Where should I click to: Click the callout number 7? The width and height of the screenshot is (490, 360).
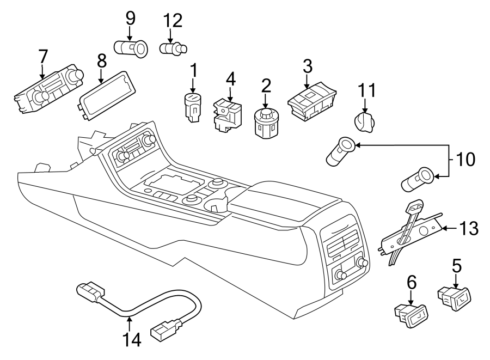click(x=42, y=57)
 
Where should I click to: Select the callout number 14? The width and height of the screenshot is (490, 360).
click(x=132, y=339)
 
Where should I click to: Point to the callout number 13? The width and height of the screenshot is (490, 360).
click(x=469, y=228)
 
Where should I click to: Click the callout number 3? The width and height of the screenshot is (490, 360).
click(x=307, y=67)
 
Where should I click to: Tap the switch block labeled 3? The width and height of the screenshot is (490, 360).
click(x=311, y=102)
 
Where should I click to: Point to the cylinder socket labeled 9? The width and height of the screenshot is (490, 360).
click(x=132, y=48)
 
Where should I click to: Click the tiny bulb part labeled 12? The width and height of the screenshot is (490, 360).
click(x=173, y=49)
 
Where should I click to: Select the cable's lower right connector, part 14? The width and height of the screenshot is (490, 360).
click(x=163, y=328)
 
